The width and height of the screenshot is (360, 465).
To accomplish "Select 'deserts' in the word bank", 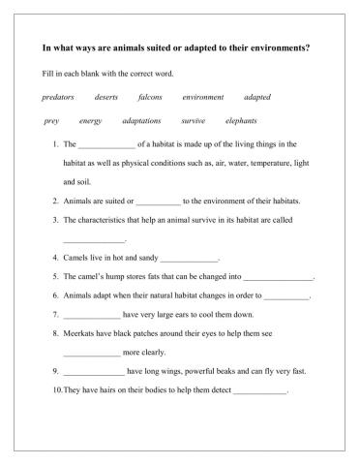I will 106,98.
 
